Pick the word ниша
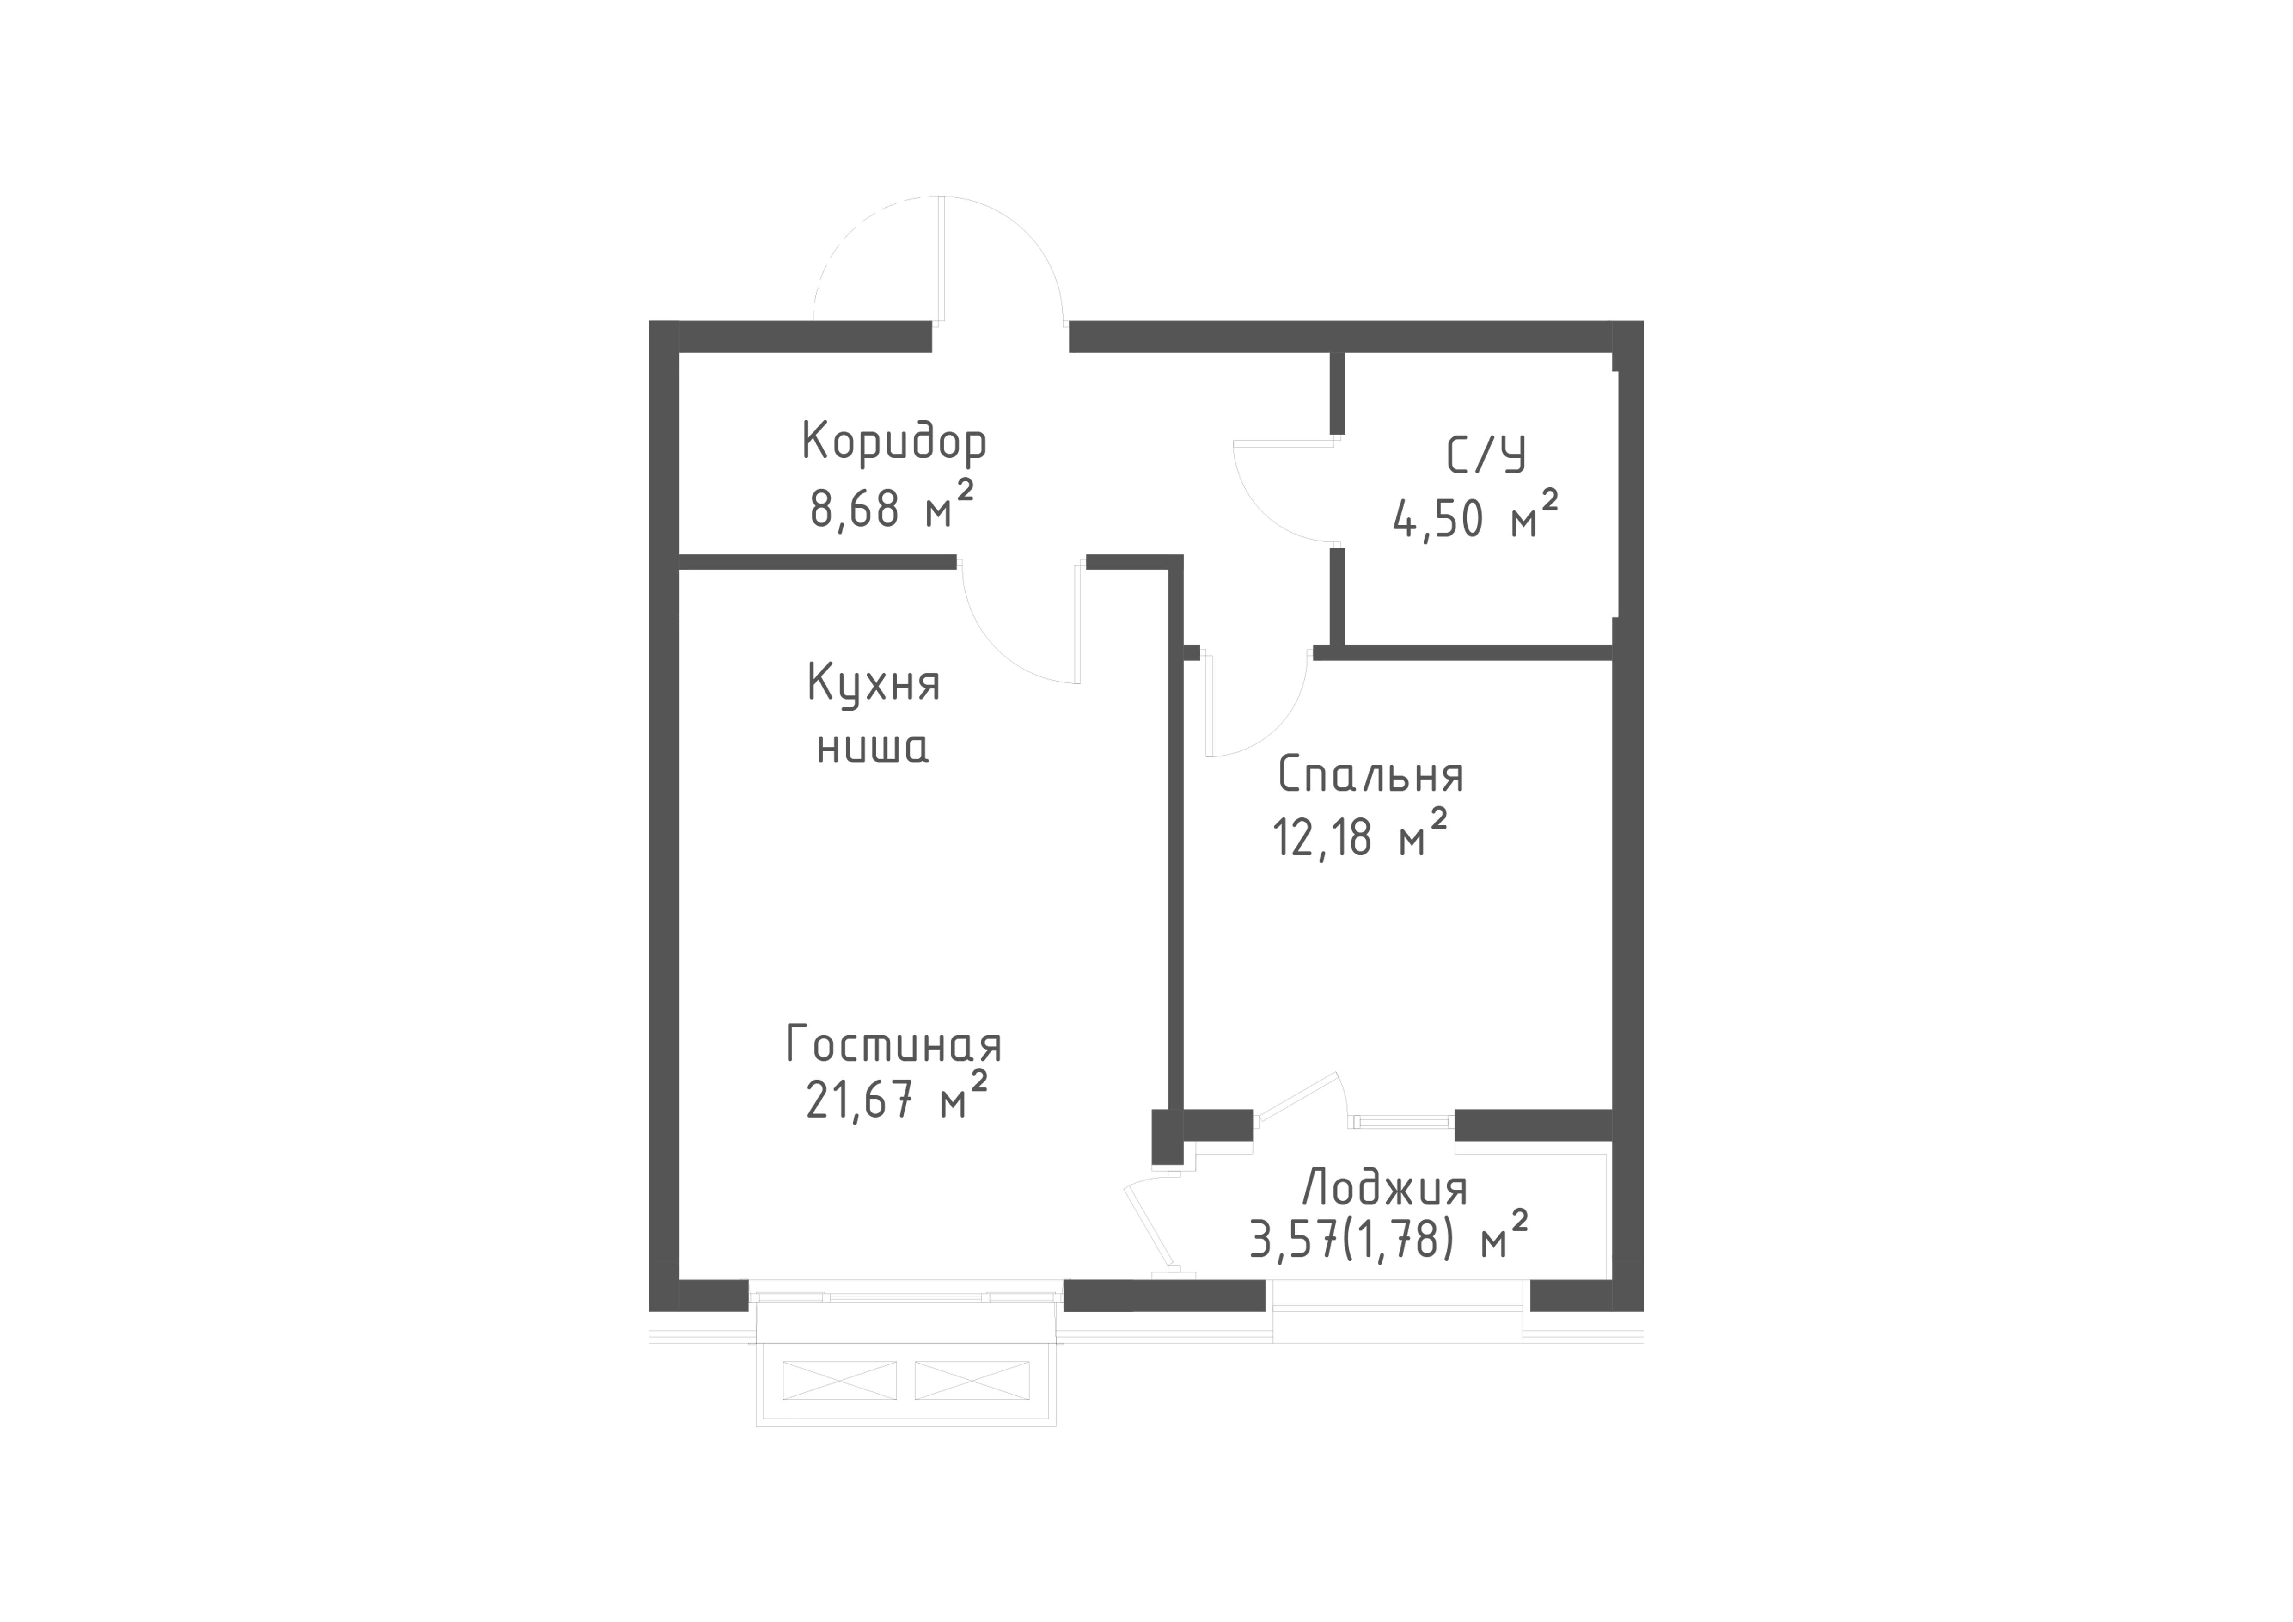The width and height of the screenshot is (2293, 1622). point(873,747)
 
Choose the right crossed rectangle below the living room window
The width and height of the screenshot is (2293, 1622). point(972,1380)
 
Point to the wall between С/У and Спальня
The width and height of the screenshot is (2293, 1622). point(1463,653)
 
